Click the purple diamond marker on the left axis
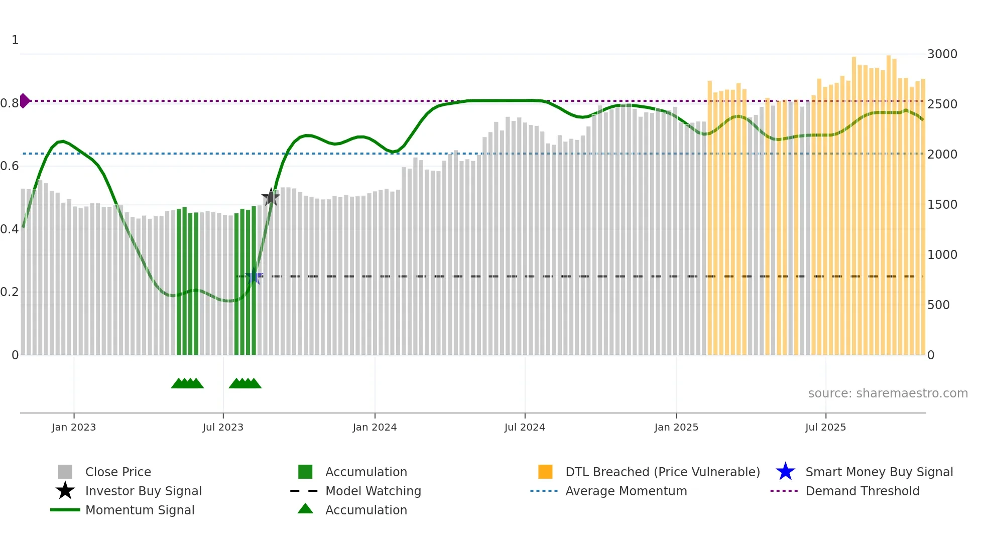point(24,101)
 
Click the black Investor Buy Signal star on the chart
point(271,197)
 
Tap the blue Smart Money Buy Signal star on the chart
point(254,276)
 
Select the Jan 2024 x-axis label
point(375,428)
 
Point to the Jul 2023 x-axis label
point(223,428)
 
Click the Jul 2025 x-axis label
point(825,428)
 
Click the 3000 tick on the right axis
point(942,54)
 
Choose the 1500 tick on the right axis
point(942,205)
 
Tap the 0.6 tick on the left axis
point(10,166)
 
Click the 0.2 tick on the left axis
point(10,292)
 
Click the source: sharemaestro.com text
point(888,393)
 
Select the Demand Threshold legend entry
point(862,491)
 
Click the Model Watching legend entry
point(373,491)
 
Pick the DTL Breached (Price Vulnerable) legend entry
point(662,472)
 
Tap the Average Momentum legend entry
point(626,491)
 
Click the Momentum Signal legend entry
point(140,510)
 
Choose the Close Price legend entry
point(118,472)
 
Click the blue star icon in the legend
point(785,472)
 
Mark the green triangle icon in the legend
point(305,509)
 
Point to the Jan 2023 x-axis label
point(74,428)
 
